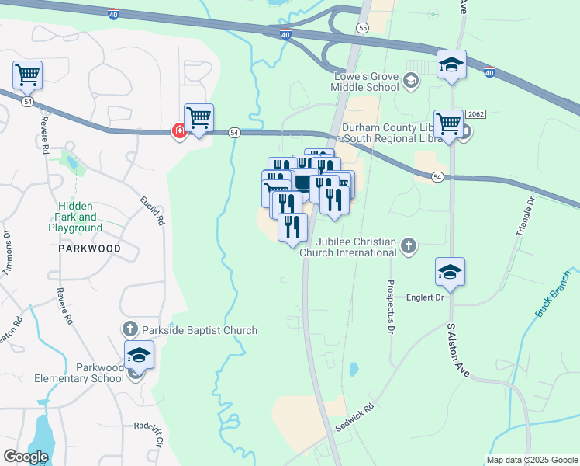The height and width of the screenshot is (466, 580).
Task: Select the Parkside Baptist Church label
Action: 200,330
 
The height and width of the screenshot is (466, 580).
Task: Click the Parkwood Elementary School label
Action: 79,373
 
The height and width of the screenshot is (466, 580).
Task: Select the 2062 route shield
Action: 475,114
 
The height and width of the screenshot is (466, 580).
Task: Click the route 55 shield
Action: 362,27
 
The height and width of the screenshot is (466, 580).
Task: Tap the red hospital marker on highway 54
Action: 179,130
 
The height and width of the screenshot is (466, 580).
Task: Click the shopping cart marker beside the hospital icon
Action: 199,119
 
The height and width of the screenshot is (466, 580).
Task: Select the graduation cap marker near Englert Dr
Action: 450,272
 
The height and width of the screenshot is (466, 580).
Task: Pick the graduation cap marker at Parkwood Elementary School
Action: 140,356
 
